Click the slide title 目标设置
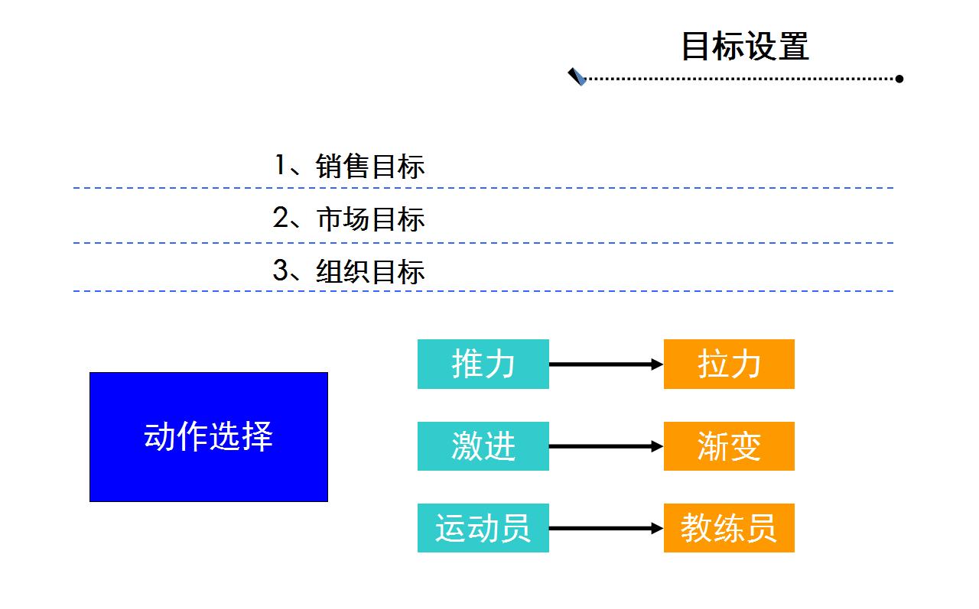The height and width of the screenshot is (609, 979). coord(745,46)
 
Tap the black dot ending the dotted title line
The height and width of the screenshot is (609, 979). coord(899,79)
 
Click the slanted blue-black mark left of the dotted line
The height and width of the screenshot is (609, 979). coord(577,77)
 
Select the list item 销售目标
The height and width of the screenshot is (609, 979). coord(369,167)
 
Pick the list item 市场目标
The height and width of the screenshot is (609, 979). coord(371,219)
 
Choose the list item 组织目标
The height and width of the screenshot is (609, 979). coord(370,271)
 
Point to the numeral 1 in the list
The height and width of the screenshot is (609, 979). coord(280,164)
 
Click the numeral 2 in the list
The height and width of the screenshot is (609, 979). coord(280,217)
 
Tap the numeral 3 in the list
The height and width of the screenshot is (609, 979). coord(280,270)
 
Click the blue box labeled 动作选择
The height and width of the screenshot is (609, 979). coord(209,437)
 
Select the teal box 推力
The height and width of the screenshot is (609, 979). coord(483,364)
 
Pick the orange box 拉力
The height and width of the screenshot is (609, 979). coord(729,364)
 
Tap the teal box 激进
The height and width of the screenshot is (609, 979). coord(483,446)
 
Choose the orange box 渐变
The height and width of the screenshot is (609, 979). coord(729,446)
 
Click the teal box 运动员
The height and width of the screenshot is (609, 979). coord(483,528)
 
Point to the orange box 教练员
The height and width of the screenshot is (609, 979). coord(729,528)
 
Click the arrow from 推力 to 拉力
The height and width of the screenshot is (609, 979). coord(607,364)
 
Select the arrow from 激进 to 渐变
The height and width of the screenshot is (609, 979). coord(607,446)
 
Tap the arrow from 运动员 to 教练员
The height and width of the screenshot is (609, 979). coord(607,528)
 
